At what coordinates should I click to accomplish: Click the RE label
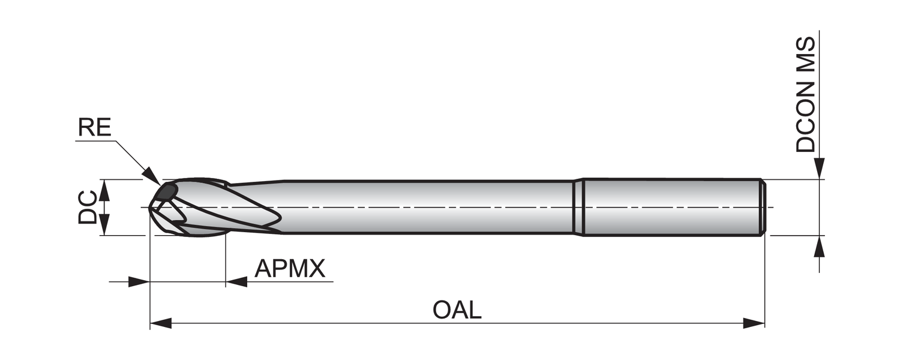94,127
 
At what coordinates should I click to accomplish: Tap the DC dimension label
87,208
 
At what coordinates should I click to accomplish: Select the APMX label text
290,268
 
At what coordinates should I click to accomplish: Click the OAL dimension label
457,310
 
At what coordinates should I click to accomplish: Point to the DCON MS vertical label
806,94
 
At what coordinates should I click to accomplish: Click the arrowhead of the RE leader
152,177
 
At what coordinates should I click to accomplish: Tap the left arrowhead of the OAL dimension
161,323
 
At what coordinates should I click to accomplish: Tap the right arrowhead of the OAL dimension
754,323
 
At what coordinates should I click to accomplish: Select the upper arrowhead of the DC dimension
104,190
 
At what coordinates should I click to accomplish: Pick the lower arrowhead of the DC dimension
104,224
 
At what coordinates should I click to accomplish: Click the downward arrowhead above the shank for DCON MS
819,169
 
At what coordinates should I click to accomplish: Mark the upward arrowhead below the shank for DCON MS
819,246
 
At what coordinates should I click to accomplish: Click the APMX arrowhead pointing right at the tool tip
139,281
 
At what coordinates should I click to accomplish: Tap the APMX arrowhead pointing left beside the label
236,281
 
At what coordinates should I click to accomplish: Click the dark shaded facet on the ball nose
166,192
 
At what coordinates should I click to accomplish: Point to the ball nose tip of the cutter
149,208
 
